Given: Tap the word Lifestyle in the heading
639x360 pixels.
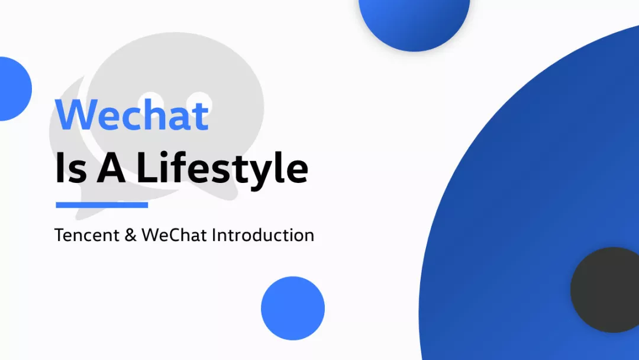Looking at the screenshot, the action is [x=222, y=168].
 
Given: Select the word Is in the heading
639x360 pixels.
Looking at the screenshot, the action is [x=71, y=167].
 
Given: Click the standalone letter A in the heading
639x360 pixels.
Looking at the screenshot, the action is [x=111, y=167].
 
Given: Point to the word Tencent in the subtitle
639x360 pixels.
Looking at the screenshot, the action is [x=87, y=235].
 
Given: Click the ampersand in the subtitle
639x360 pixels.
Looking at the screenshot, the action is [x=131, y=235].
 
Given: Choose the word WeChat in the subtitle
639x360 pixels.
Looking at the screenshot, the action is [x=175, y=235].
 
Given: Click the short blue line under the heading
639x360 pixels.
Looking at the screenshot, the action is [x=102, y=205].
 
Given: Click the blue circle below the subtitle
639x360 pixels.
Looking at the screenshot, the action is [x=293, y=308].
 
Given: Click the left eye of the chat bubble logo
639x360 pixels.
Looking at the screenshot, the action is [x=151, y=101].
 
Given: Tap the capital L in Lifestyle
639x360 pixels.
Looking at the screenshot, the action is [x=146, y=167].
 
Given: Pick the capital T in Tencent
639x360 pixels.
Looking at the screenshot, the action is [x=60, y=235].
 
